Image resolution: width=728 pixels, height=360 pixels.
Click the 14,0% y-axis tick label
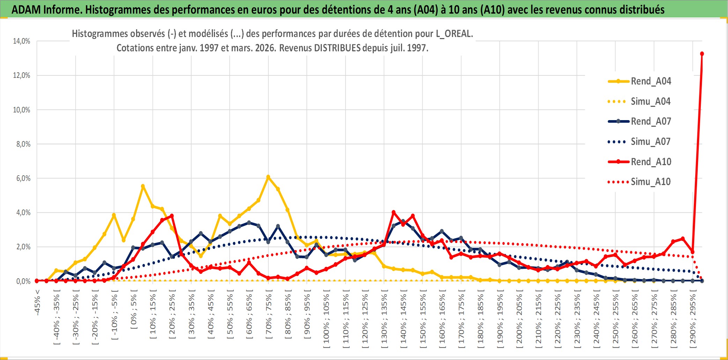[22, 41]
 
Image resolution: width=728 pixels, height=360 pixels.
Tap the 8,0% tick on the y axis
[23, 144]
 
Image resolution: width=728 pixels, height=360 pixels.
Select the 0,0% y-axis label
[23, 281]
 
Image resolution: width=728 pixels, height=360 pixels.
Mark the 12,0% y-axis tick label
[22, 75]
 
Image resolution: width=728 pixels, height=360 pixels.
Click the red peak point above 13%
[702, 54]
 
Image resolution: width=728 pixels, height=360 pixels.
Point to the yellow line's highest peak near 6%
[268, 177]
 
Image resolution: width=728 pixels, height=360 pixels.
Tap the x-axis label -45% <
[38, 302]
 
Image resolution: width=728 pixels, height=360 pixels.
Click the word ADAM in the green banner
[26, 10]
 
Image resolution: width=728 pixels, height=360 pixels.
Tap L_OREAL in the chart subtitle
[454, 34]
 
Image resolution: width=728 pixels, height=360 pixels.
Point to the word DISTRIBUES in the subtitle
[337, 48]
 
